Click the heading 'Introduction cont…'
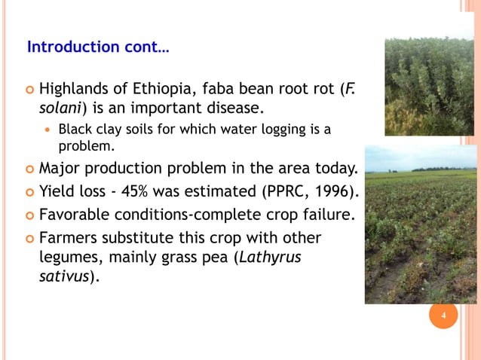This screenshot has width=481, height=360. (98, 47)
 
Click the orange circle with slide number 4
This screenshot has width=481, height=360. (444, 315)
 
